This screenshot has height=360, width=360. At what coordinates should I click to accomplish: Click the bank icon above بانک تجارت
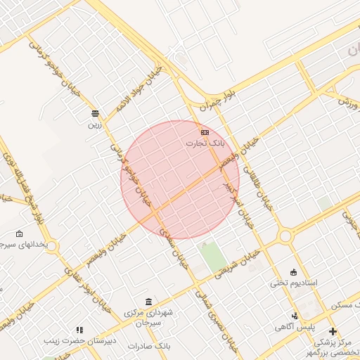pos(205,131)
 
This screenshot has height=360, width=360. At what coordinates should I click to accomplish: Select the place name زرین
pos(94,124)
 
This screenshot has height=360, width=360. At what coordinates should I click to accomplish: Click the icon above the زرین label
pos(95,113)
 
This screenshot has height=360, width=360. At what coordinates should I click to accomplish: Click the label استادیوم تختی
pos(294,283)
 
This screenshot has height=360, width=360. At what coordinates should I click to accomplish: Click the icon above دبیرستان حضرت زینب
pos(79,330)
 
